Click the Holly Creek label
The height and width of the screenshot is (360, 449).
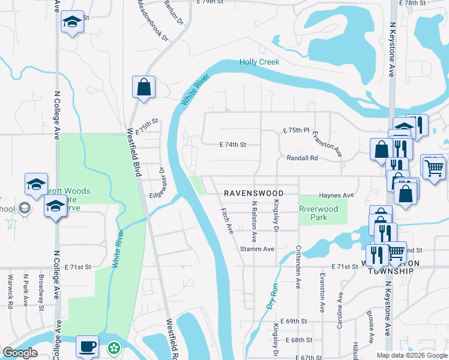259,62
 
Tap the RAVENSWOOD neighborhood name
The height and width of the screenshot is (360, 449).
253,193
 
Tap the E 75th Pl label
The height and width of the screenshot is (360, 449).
295,130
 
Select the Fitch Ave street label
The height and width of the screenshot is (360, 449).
227,221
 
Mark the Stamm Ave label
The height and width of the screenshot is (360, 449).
257,248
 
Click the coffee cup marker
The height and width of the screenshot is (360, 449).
88,346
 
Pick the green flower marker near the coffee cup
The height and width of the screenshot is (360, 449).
113,347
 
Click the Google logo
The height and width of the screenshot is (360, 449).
20,353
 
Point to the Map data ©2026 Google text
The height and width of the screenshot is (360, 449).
411,355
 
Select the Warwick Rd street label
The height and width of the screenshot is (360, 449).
11,292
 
